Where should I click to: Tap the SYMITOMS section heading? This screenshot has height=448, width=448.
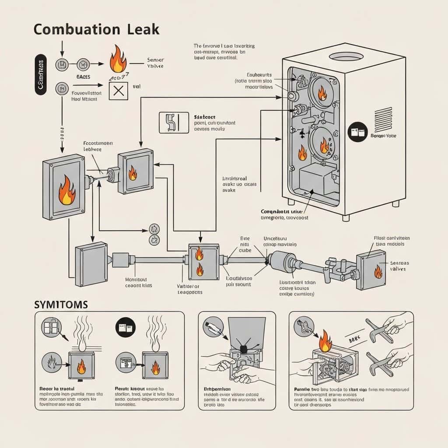point(61,304)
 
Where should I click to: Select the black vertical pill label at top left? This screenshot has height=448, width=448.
point(40,74)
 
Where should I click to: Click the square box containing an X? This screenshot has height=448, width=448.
point(118,91)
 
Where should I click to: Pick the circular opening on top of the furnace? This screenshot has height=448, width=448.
point(346,56)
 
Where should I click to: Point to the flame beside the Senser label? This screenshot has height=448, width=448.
point(118,60)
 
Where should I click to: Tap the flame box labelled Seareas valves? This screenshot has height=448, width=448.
point(371,269)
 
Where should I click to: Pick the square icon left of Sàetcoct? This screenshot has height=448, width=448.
point(171,122)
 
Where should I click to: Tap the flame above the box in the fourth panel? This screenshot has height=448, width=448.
point(325,342)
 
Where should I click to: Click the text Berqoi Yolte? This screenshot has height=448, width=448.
point(384,136)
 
